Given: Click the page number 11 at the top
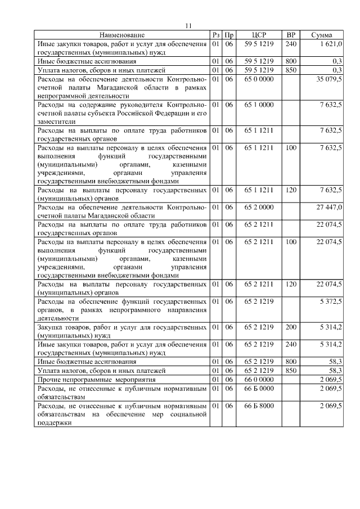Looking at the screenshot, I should pos(188,25).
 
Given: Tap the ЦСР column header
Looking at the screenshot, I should pos(259,35).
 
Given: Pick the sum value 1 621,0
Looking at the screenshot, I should pos(330,43).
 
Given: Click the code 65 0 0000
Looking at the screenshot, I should pos(259,80).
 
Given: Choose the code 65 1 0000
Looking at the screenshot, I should pos(259,105).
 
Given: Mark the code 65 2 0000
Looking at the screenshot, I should pos(259,207).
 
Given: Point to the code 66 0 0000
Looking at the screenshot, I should pos(259,380).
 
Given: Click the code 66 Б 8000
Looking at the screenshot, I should pos(259,405).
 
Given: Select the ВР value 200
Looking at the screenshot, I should pos(291,326).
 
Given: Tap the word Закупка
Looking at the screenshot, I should pos(51,326).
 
